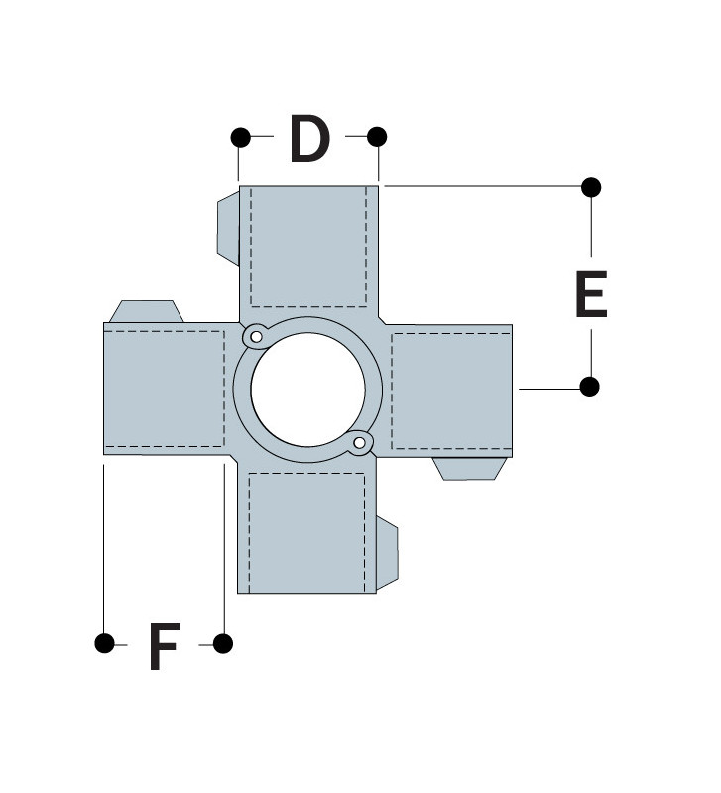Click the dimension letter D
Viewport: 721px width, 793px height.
308,139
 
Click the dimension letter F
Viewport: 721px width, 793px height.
164,647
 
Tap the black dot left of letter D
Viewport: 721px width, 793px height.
239,136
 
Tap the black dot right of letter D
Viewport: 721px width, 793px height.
377,136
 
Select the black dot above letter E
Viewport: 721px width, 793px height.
591,186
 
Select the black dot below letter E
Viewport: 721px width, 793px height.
590,387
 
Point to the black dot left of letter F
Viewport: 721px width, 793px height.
104,644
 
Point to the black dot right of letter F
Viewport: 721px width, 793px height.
223,644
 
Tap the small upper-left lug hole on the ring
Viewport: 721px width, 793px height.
256,337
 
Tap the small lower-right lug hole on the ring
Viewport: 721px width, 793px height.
361,442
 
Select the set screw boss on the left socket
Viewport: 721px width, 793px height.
146,311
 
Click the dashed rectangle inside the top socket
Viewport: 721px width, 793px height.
308,246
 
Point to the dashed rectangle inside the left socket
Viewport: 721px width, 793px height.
165,390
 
